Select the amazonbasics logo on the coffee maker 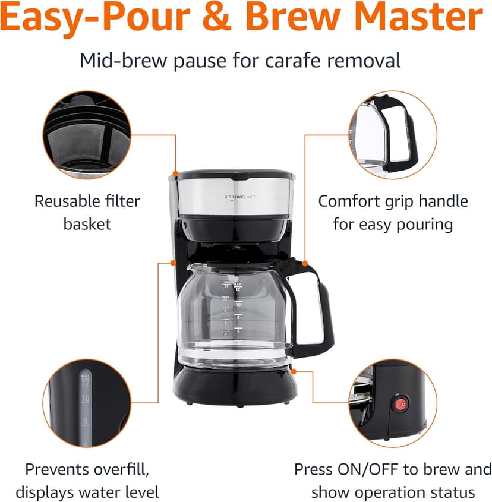(239, 196)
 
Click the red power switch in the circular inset (400, 405)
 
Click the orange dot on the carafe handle (304, 263)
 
